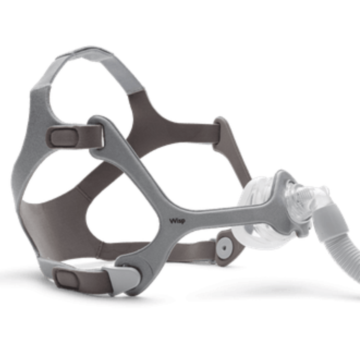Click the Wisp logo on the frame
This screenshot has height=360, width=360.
coord(177,221)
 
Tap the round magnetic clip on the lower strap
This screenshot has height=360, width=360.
coord(225,248)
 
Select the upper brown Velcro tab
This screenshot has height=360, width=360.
coord(63,136)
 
